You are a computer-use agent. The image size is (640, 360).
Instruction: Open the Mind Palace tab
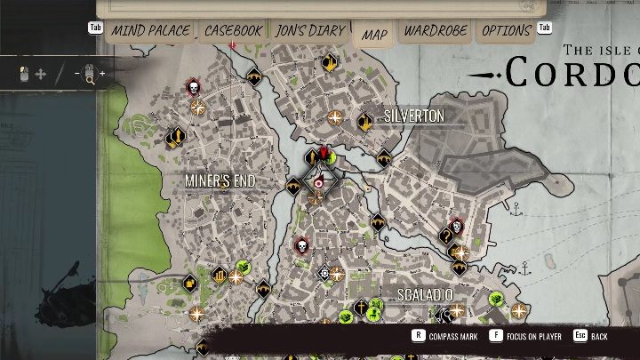pos(150,31)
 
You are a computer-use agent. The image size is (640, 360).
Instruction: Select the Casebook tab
pos(233,31)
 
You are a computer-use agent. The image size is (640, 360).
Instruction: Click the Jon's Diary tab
pos(310,31)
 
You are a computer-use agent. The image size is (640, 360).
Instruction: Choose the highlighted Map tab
pos(374,35)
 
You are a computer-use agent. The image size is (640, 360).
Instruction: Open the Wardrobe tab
pos(436,31)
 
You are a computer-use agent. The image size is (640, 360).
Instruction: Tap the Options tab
pos(506,31)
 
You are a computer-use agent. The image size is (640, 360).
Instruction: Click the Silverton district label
pos(414,116)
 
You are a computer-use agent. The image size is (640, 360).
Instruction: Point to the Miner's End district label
pos(220,181)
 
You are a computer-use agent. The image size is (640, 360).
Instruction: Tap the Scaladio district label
pos(425,294)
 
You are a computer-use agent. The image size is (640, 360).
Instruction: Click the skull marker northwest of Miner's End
pos(193,87)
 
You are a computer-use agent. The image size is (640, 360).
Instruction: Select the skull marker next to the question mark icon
pos(457,227)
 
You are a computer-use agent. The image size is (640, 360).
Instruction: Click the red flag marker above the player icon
pos(325,155)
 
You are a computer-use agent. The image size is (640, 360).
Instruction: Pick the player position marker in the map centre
pos(319,182)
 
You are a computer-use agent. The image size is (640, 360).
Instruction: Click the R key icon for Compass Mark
pos(418,336)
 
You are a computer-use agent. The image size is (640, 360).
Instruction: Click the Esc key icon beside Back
pos(580,336)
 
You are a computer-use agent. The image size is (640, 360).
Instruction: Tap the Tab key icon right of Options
pos(545,28)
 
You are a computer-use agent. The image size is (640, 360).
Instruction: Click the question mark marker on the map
pos(446,236)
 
